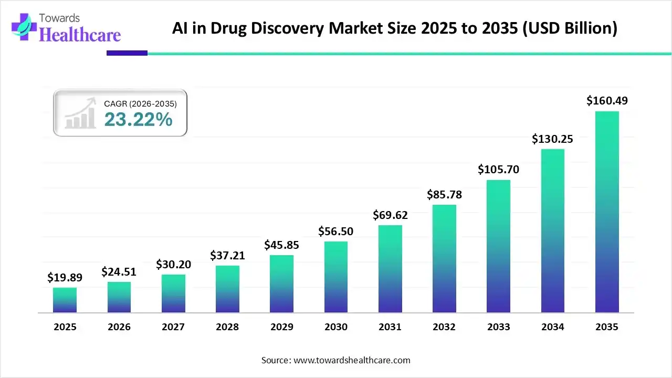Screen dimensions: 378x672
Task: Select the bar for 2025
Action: pyautogui.click(x=65, y=300)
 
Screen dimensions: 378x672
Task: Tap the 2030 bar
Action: pyautogui.click(x=336, y=277)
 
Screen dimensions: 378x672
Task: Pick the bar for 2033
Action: pyautogui.click(x=498, y=246)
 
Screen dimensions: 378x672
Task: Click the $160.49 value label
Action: pyautogui.click(x=607, y=100)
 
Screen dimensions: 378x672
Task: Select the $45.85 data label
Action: pyautogui.click(x=281, y=245)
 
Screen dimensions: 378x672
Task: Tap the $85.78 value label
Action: pyautogui.click(x=444, y=194)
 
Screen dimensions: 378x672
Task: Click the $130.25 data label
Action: pyautogui.click(x=552, y=139)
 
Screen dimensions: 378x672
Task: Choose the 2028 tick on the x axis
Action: pyautogui.click(x=227, y=327)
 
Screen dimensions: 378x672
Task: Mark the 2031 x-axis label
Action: pyautogui.click(x=390, y=327)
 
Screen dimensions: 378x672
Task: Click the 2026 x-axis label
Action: pyautogui.click(x=119, y=327)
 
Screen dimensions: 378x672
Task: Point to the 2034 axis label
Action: pyautogui.click(x=552, y=327)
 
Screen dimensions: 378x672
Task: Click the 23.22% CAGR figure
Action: pyautogui.click(x=138, y=120)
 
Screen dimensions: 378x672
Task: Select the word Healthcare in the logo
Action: pyautogui.click(x=80, y=35)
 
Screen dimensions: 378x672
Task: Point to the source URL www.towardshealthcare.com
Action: pyautogui.click(x=350, y=360)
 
